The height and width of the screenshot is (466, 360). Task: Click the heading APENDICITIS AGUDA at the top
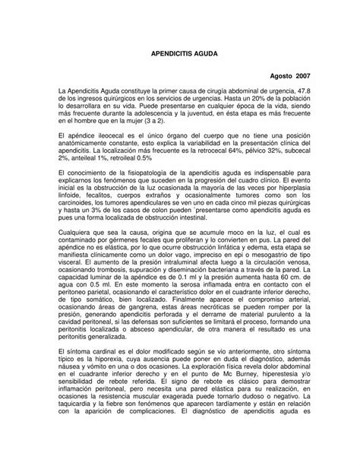(x=179, y=56)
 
